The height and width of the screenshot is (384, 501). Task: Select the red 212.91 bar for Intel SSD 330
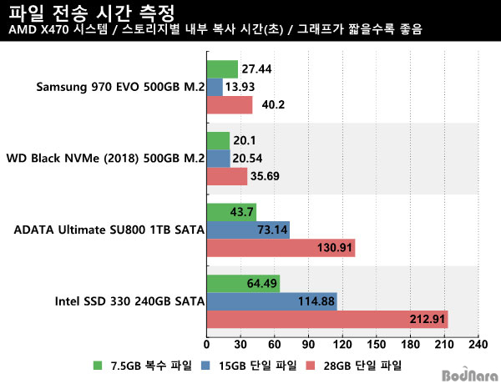pos(326,320)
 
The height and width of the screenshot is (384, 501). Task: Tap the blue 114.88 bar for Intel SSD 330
pos(271,301)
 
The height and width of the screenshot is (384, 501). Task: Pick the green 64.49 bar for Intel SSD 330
pos(243,284)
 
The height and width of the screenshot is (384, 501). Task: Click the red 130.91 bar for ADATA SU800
pos(281,248)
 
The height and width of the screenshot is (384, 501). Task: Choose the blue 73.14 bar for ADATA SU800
pos(248,230)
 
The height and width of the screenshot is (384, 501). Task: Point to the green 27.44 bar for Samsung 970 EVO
pos(222,68)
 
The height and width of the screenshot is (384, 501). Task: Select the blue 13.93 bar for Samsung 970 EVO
pos(215,87)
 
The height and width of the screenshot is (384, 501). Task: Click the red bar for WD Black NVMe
pos(227,176)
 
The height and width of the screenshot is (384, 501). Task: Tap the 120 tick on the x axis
pos(342,344)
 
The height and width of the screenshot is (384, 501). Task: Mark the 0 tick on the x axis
pos(206,344)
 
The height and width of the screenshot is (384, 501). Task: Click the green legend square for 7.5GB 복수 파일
pos(98,366)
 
